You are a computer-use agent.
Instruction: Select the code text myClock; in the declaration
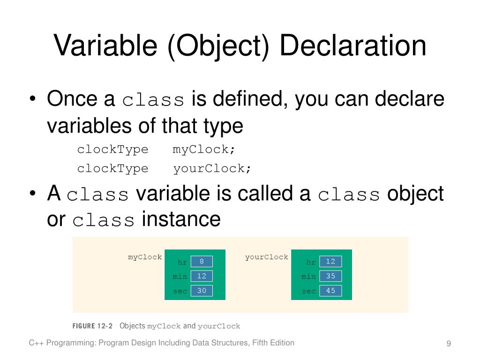point(204,150)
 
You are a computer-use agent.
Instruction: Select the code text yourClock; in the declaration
point(212,168)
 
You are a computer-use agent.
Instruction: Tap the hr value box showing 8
point(202,261)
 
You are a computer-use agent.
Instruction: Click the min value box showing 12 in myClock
point(202,276)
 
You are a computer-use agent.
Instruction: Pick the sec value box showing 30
point(202,291)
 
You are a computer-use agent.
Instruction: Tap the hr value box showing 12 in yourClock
point(330,261)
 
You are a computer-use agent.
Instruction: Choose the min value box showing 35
point(330,276)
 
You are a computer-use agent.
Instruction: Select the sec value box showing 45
point(330,291)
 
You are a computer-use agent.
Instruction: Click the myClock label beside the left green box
point(145,257)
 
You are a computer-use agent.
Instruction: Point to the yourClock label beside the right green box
point(266,257)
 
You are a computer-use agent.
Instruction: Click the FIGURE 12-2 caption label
point(92,326)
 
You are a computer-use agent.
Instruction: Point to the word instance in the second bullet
point(181,219)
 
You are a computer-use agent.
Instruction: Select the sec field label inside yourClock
point(309,291)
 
